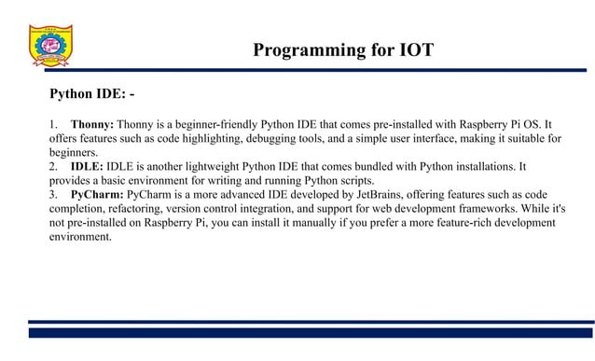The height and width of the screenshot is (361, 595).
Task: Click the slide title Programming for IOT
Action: (x=343, y=50)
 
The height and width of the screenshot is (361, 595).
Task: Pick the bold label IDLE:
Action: (x=87, y=166)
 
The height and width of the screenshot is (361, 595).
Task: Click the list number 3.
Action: (x=52, y=194)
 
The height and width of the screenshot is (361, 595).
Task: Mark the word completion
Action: (x=79, y=208)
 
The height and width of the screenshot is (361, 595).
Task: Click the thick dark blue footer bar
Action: (x=311, y=332)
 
